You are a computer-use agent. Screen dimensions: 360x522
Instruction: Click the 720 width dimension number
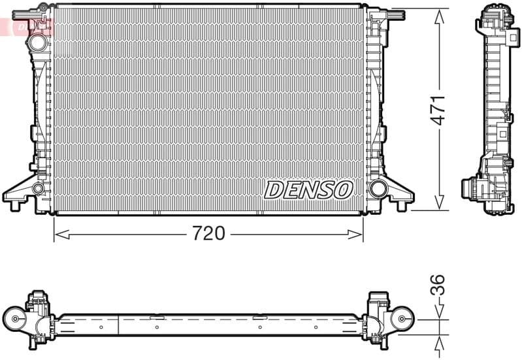tap(208, 233)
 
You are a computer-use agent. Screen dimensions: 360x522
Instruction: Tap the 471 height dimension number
tap(438, 110)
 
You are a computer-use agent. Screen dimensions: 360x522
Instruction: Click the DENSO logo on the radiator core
tap(308, 189)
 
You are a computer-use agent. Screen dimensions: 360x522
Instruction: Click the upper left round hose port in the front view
tap(37, 42)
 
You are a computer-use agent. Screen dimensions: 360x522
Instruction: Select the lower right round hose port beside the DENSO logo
tap(378, 189)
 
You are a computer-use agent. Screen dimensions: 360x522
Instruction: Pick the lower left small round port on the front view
tap(38, 189)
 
